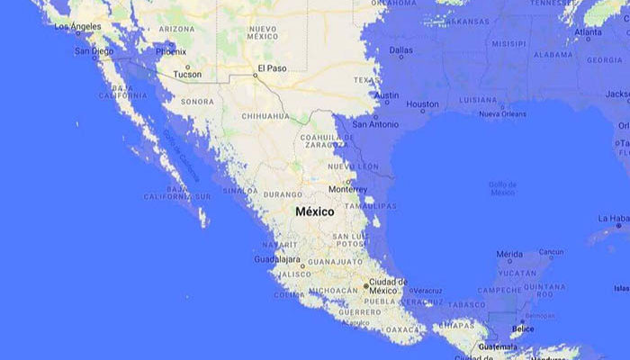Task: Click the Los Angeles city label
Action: [x=77, y=26]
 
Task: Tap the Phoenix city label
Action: [x=170, y=52]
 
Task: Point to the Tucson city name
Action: [x=187, y=74]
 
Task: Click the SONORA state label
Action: [x=197, y=102]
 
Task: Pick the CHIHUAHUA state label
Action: [x=265, y=116]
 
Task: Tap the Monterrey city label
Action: [x=347, y=189]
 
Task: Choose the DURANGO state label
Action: [x=283, y=193]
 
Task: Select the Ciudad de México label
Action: [x=388, y=286]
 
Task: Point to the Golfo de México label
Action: [x=502, y=188]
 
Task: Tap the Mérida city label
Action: [x=508, y=254]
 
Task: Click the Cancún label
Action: [x=552, y=253]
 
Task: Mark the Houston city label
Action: [x=422, y=105]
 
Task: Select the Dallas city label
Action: [x=401, y=49]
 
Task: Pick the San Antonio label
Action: [x=374, y=124]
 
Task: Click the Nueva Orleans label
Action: [x=502, y=114]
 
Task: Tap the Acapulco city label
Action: [x=355, y=322]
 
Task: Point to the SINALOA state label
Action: [x=239, y=191]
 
